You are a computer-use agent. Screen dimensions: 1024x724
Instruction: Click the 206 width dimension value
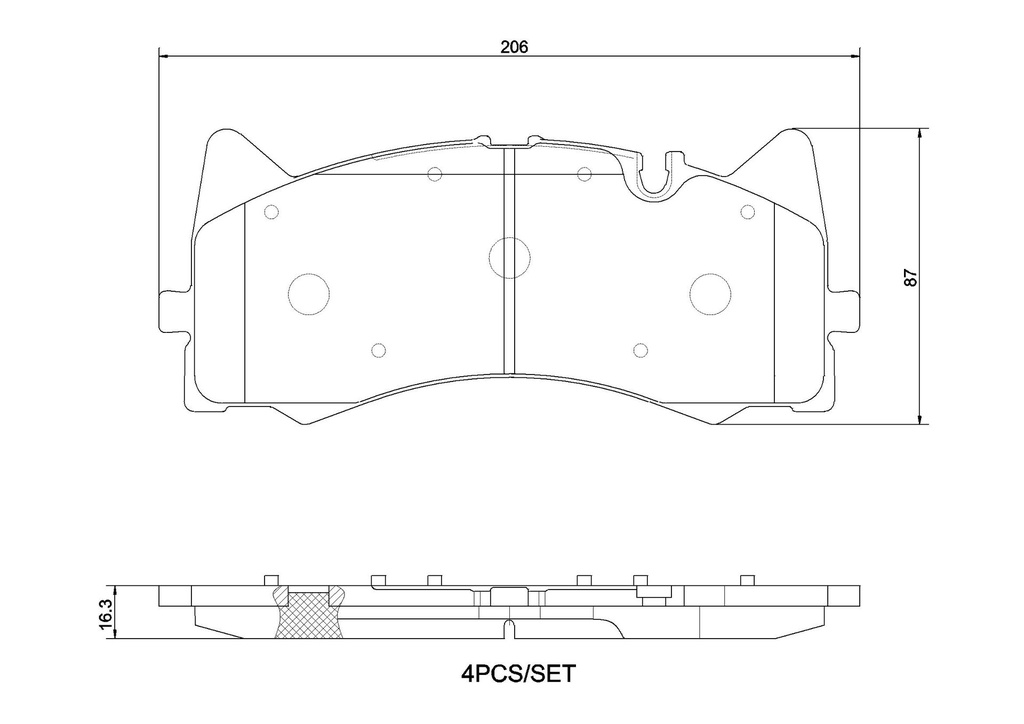513,47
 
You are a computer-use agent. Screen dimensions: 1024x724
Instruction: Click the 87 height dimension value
912,277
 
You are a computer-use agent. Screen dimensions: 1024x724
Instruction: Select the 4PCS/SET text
519,673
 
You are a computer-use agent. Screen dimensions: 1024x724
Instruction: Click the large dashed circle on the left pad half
309,293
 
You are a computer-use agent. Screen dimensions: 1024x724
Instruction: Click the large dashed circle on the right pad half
711,293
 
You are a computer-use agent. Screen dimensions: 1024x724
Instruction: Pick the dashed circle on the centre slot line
509,257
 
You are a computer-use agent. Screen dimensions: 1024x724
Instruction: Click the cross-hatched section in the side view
309,615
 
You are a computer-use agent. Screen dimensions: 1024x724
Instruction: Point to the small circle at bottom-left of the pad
378,351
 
